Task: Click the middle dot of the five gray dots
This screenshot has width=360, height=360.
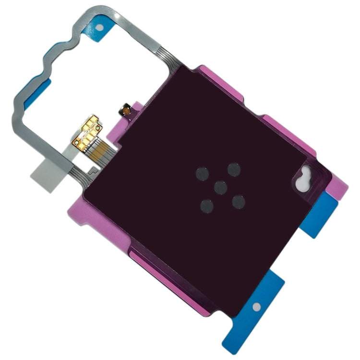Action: (220, 187)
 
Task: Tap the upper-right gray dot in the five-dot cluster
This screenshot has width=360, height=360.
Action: (234, 169)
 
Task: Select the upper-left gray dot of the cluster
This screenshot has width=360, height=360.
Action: (202, 173)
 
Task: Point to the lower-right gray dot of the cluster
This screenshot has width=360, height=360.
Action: (239, 201)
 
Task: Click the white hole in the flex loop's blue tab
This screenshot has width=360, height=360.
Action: (101, 27)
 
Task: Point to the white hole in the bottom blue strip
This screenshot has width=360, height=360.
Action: (258, 306)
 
